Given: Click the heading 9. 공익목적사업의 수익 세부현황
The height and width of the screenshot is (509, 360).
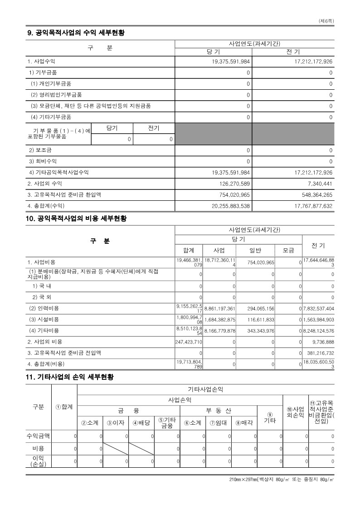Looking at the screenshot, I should [x=76, y=33].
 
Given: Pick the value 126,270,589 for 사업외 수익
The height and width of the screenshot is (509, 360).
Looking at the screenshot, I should [x=231, y=184].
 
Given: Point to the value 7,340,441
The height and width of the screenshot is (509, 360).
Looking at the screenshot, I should [x=320, y=184].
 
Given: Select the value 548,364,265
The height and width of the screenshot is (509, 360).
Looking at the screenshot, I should [x=313, y=195].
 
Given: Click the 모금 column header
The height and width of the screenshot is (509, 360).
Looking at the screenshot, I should [x=288, y=250].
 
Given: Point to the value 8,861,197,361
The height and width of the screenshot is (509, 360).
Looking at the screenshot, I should [x=220, y=309].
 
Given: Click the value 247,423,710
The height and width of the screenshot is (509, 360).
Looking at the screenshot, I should [x=189, y=342].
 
